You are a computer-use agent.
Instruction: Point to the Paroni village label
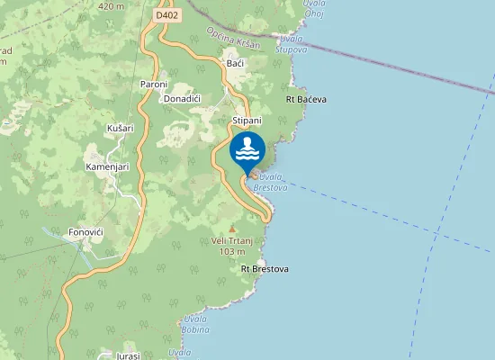tap(154, 85)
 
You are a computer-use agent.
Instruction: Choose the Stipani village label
tap(247, 120)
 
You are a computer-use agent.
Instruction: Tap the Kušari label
tap(121, 129)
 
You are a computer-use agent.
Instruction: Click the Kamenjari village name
tap(108, 167)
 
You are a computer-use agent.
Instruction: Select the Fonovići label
tap(85, 232)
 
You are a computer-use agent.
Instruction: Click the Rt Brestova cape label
tap(265, 269)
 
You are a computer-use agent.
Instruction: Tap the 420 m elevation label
tap(111, 5)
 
